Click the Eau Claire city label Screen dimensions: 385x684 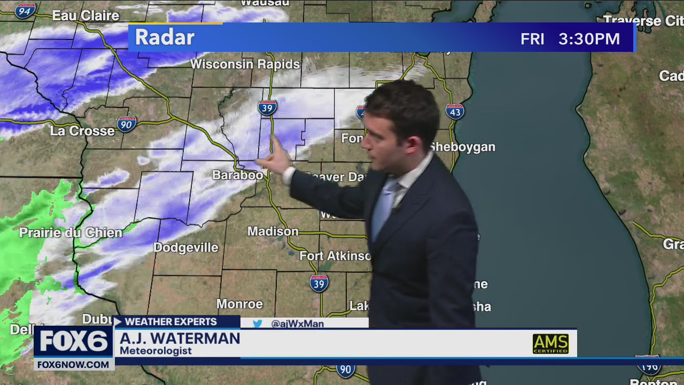[x=85, y=16]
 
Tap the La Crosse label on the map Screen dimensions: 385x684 [x=82, y=131]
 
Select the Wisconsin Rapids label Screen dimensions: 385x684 [x=245, y=64]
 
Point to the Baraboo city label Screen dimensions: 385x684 [x=237, y=175]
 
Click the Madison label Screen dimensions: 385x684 [x=273, y=232]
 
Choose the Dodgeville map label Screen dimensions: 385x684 [x=186, y=248]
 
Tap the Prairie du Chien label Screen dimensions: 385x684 [x=71, y=233]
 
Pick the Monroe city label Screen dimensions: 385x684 [x=239, y=304]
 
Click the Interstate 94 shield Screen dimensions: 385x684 [x=25, y=10]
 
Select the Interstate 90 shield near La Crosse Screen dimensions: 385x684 [x=127, y=124]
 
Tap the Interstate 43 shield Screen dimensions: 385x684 [x=454, y=111]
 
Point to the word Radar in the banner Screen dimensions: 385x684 [x=165, y=37]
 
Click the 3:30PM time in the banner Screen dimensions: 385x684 [x=589, y=39]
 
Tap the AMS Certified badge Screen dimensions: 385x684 [x=550, y=343]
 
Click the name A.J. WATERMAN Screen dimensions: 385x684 [x=180, y=339]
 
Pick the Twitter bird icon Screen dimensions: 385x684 [x=258, y=324]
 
